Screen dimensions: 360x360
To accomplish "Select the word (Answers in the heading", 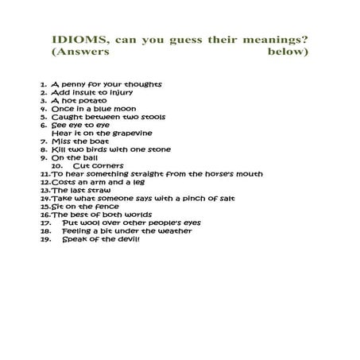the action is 79,52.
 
